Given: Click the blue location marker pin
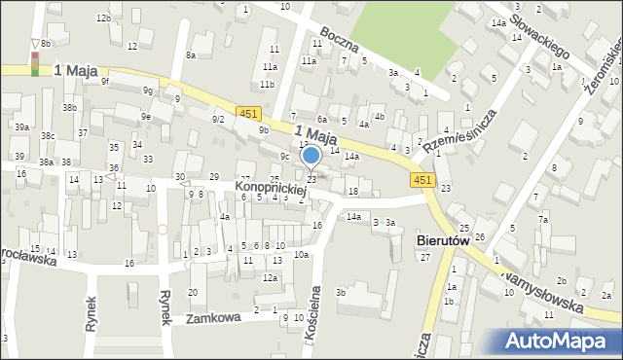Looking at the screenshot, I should tap(311, 157).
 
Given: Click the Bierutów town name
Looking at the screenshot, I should tap(443, 239).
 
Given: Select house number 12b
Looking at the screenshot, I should tap(103, 18).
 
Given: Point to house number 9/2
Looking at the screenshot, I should tap(218, 119).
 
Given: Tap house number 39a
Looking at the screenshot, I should tap(21, 127).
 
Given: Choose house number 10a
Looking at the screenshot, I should tap(302, 255).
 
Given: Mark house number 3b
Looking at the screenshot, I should tap(341, 292).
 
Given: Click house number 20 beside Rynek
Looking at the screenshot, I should tap(193, 292).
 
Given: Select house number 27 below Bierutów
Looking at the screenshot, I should tap(425, 257).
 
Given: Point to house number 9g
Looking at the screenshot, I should tap(147, 90).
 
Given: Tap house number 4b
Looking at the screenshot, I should tap(380, 117).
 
